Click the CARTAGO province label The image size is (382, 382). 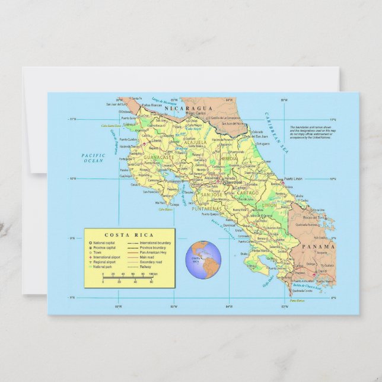[x=248, y=193]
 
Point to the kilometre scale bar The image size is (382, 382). [x=128, y=276]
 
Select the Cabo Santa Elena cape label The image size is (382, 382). [x=111, y=126]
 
